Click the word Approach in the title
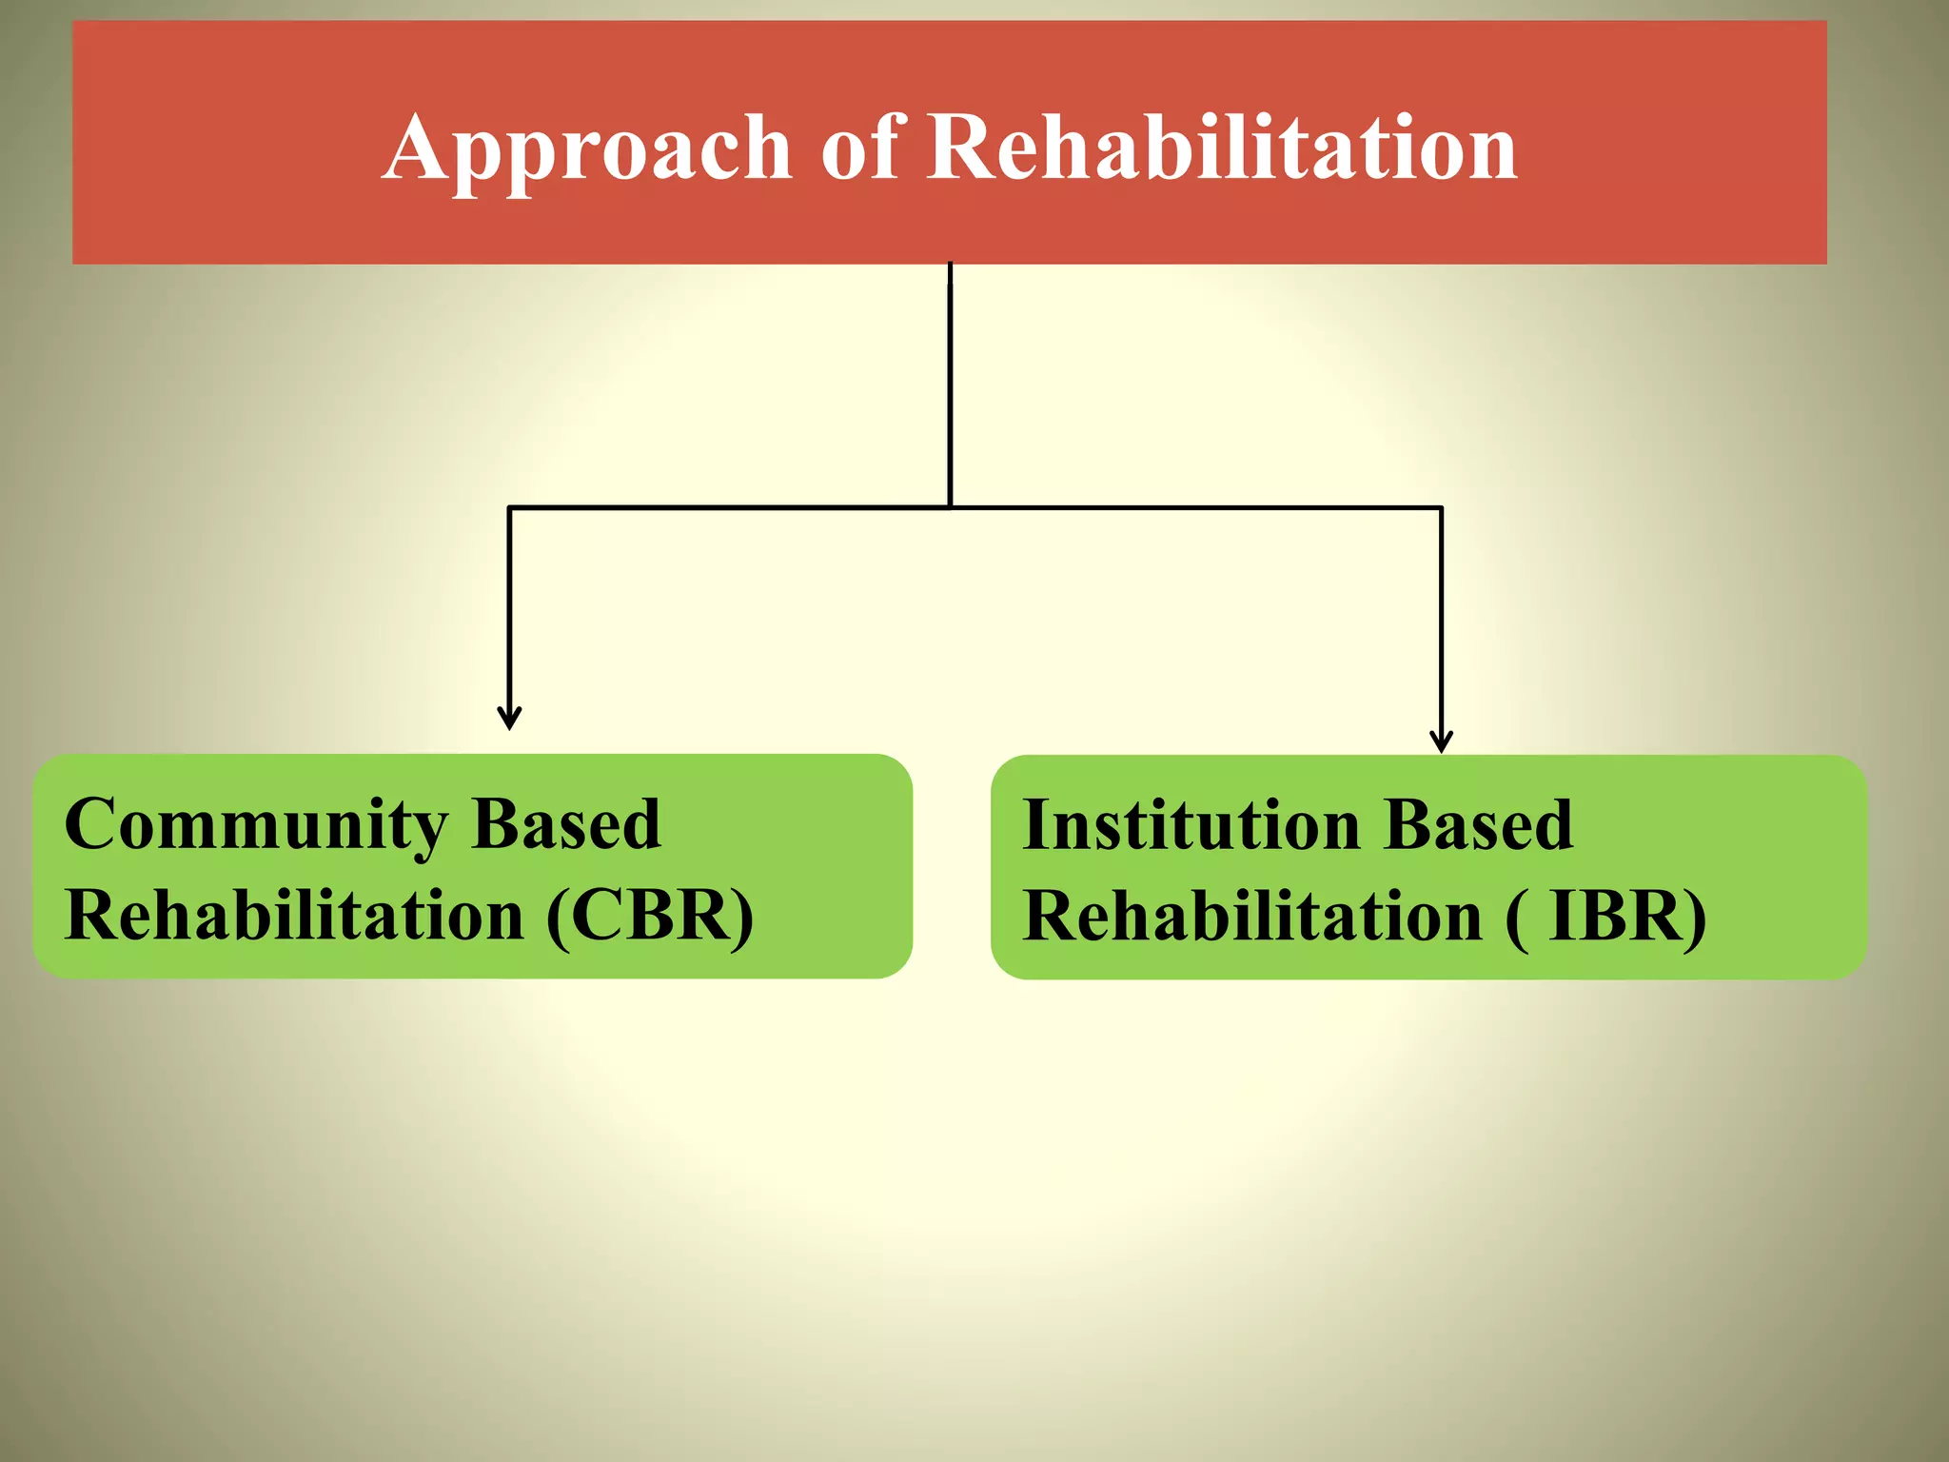click(587, 148)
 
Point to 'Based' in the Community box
click(566, 824)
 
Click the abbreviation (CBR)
click(650, 916)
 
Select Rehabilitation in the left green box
click(295, 916)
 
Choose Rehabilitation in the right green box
click(1252, 917)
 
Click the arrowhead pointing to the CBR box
click(510, 718)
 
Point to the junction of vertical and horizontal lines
click(950, 507)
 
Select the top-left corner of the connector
click(510, 508)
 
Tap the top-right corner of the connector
click(1442, 508)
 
